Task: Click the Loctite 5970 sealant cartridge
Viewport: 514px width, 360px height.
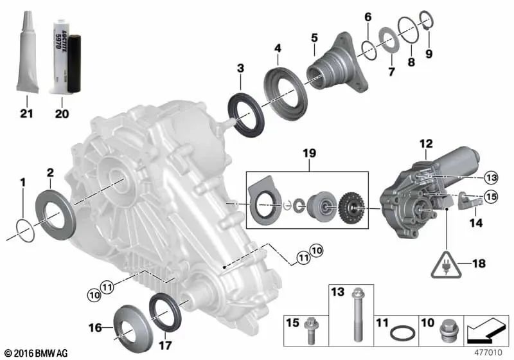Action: pyautogui.click(x=63, y=53)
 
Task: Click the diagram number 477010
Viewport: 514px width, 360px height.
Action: pyautogui.click(x=488, y=352)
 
